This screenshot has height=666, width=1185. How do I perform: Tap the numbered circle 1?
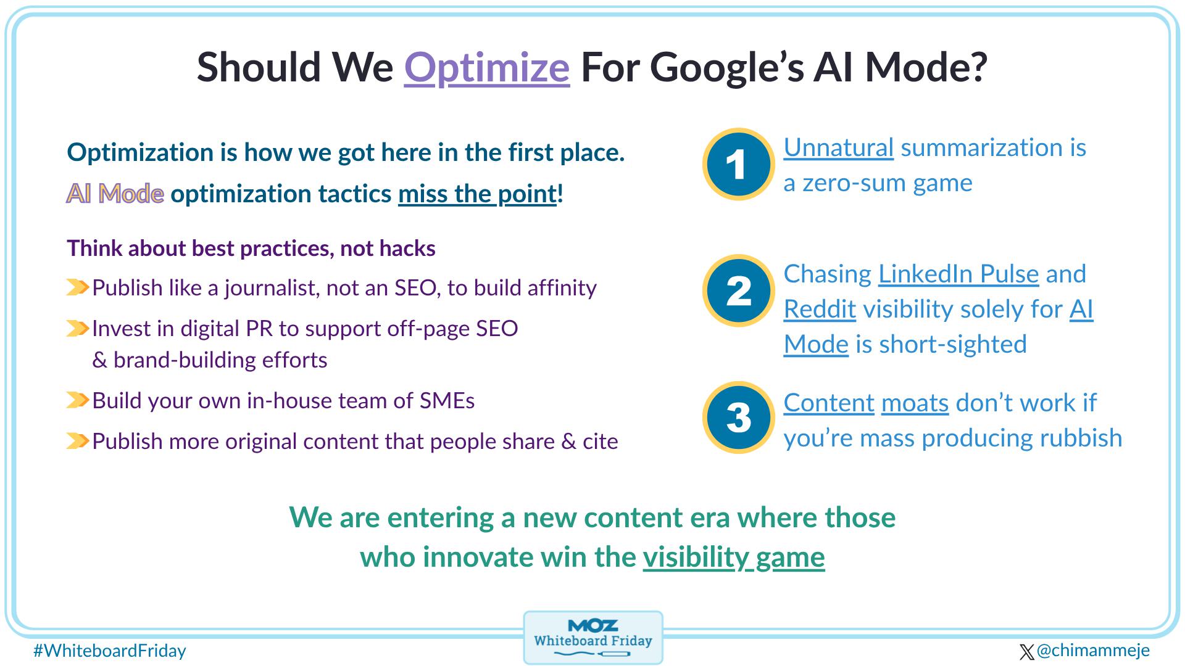(x=738, y=164)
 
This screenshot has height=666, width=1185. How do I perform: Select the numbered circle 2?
(x=738, y=290)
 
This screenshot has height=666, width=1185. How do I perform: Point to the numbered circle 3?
(x=738, y=417)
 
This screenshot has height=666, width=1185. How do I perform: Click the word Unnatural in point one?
(x=838, y=147)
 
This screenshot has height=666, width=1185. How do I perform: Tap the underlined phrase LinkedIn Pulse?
(x=958, y=274)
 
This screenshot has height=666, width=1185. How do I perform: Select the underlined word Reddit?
(x=820, y=309)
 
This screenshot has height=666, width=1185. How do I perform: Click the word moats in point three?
(x=915, y=403)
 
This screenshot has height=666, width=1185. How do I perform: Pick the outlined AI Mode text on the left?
(x=115, y=194)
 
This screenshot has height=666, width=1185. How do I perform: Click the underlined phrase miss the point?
(x=477, y=194)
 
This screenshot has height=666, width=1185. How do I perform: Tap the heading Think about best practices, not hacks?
(x=251, y=248)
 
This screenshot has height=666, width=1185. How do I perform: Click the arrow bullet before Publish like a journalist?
(x=78, y=287)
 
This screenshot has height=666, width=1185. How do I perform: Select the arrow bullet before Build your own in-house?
(x=78, y=401)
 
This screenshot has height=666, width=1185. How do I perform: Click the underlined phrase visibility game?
(x=733, y=557)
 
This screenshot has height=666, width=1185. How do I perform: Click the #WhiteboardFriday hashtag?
(x=110, y=651)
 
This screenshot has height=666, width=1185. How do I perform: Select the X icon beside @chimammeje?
(x=1026, y=652)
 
